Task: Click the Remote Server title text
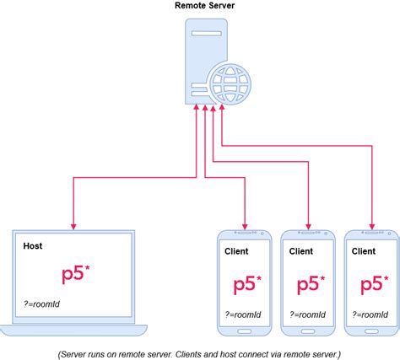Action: [204, 6]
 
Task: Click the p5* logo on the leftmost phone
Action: [247, 282]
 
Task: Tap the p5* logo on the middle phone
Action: [311, 282]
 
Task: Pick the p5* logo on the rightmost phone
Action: [375, 282]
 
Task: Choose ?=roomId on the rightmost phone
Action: [372, 315]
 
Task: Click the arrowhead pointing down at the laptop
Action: [73, 225]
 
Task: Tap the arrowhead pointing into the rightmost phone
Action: [370, 225]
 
